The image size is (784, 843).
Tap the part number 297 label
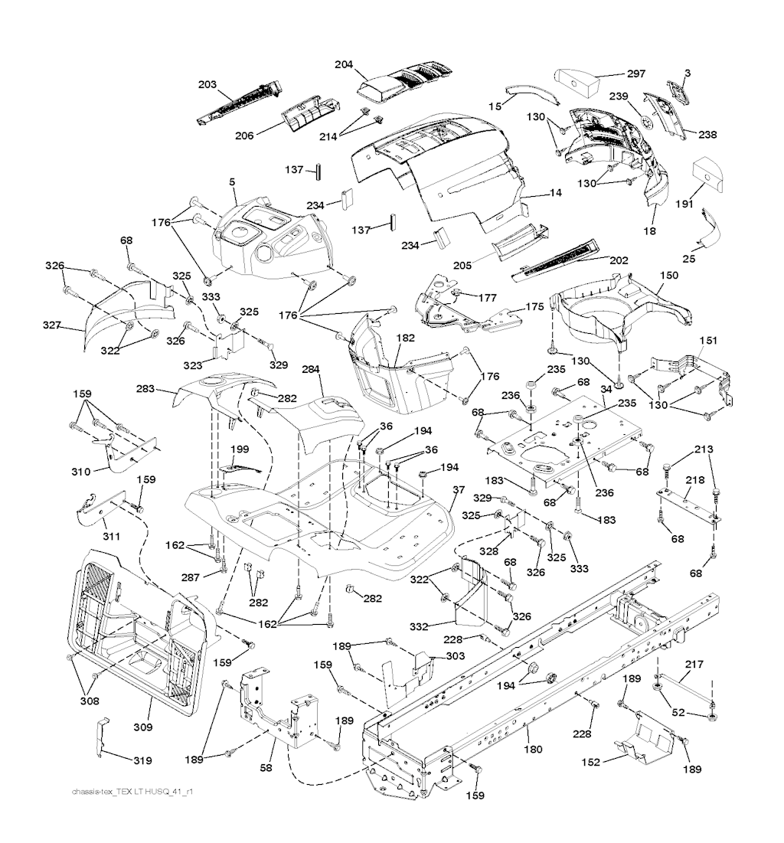point(636,74)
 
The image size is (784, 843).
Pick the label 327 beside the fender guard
point(53,325)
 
